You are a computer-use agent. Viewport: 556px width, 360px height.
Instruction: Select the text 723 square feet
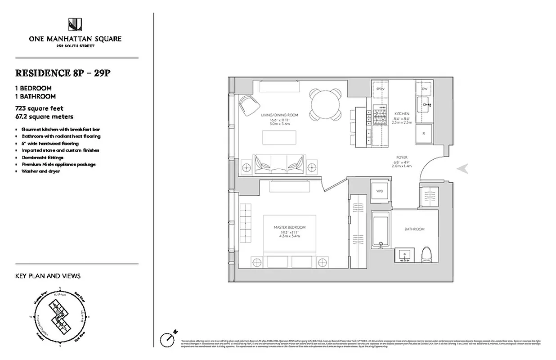coord(39,108)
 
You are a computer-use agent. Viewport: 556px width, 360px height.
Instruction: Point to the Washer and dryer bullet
coord(41,171)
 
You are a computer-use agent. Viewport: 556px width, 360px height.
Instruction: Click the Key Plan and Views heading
coord(48,276)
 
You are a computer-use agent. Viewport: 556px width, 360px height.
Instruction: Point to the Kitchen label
coord(402,114)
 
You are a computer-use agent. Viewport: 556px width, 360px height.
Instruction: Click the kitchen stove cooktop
coord(379,117)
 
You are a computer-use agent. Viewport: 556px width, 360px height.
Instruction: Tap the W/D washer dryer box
coord(379,191)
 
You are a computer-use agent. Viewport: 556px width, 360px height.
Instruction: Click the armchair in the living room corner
coord(248,106)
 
